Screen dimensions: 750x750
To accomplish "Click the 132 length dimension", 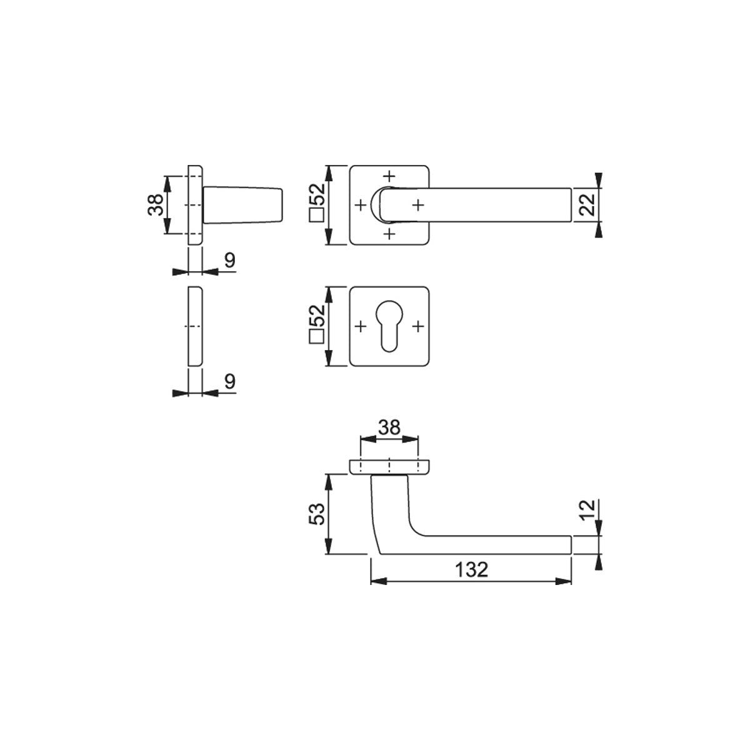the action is pyautogui.click(x=471, y=571).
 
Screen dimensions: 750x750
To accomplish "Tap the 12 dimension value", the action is pyautogui.click(x=587, y=511).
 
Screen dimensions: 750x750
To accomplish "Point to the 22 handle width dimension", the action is pyautogui.click(x=587, y=205).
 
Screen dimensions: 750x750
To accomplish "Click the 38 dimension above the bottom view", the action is pyautogui.click(x=389, y=427).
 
